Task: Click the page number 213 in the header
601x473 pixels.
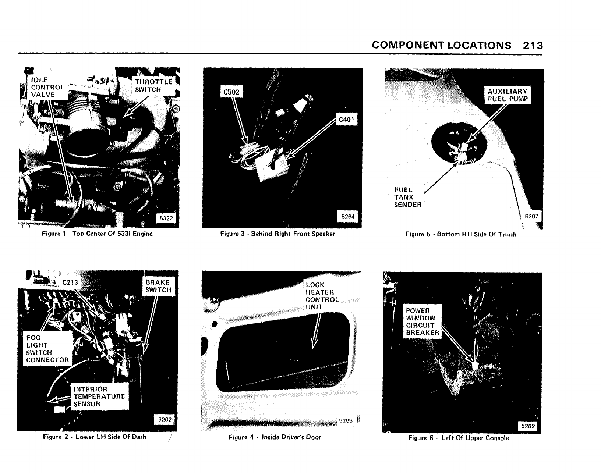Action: point(533,45)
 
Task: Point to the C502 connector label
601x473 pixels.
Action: point(231,92)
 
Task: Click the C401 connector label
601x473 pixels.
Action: point(346,120)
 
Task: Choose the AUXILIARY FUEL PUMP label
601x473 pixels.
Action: point(508,95)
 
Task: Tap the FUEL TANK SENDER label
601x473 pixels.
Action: point(407,197)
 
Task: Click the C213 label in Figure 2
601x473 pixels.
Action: point(70,282)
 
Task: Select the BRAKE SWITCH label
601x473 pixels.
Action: point(158,286)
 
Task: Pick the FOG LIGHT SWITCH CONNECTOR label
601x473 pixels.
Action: point(47,349)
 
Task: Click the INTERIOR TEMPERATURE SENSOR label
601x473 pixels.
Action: point(99,396)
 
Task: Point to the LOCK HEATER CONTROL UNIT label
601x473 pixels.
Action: point(322,296)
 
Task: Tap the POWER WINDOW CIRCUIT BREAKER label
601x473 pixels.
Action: point(422,322)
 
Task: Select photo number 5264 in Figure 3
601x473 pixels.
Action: point(347,217)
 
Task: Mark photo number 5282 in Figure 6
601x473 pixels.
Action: point(528,426)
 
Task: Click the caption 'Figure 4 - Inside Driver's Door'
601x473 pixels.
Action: point(275,437)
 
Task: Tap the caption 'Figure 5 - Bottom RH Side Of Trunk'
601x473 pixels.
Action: point(460,234)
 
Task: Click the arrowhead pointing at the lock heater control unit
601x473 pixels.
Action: point(313,345)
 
